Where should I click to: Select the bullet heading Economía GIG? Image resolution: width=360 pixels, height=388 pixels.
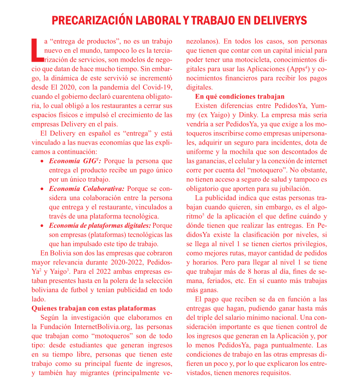click(70, 161)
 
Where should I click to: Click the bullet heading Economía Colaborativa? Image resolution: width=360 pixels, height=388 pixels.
click(86, 189)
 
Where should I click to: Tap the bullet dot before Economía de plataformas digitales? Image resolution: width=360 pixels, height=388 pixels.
click(42, 226)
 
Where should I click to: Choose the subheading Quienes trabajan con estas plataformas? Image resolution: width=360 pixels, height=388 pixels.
click(93, 308)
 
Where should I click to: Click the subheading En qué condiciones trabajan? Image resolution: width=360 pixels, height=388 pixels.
click(240, 97)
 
